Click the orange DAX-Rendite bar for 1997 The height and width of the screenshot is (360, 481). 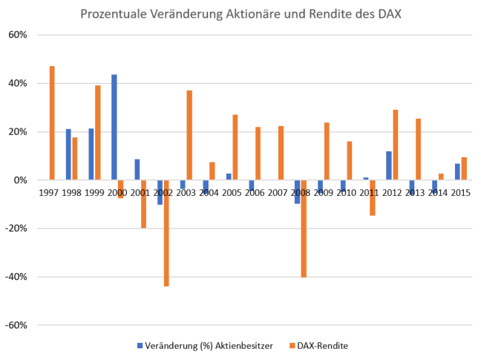(x=52, y=122)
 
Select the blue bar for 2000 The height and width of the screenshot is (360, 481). (x=114, y=127)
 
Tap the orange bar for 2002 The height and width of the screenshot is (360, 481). (x=166, y=232)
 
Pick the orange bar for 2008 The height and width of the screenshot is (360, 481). (x=304, y=228)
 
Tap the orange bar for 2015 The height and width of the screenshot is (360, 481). (x=464, y=168)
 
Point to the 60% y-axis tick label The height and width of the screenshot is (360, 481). (x=18, y=35)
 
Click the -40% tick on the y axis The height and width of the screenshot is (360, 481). (x=16, y=277)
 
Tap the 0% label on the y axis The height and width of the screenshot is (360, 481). (x=21, y=180)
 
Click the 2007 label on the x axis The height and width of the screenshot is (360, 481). (x=278, y=193)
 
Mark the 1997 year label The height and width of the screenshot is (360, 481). (x=48, y=193)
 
